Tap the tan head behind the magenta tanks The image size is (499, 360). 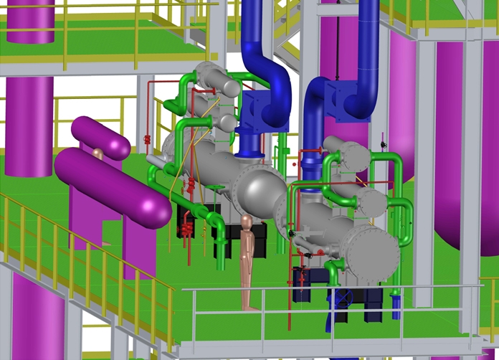tap(98, 152)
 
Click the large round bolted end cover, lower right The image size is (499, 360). tap(370, 250)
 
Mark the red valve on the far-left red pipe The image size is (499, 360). tap(147, 138)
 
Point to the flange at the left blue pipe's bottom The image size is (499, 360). tap(248, 153)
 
